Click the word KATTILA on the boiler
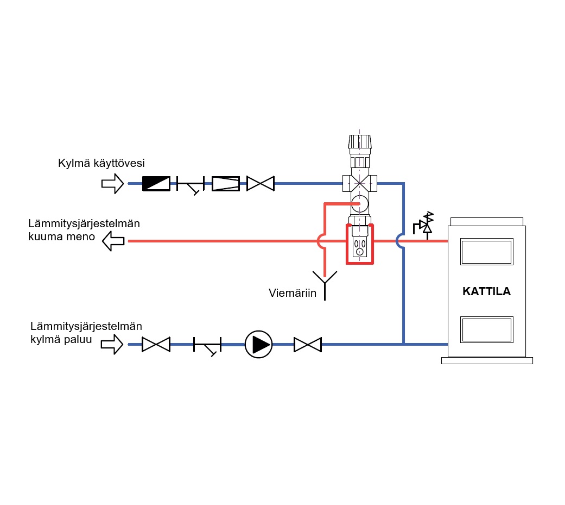click(x=486, y=291)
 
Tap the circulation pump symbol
click(x=258, y=344)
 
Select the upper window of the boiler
click(x=487, y=251)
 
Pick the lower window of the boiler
click(x=487, y=329)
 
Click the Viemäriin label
click(x=292, y=294)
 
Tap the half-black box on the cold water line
click(x=156, y=184)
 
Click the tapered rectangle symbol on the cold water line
click(x=225, y=184)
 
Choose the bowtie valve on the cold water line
click(x=260, y=184)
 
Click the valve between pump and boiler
click(x=308, y=344)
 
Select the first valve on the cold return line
click(x=156, y=344)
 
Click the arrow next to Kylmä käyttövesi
click(x=112, y=184)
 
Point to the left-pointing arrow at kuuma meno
click(x=113, y=240)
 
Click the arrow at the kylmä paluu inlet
click(x=112, y=344)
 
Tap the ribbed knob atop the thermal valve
click(x=360, y=140)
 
